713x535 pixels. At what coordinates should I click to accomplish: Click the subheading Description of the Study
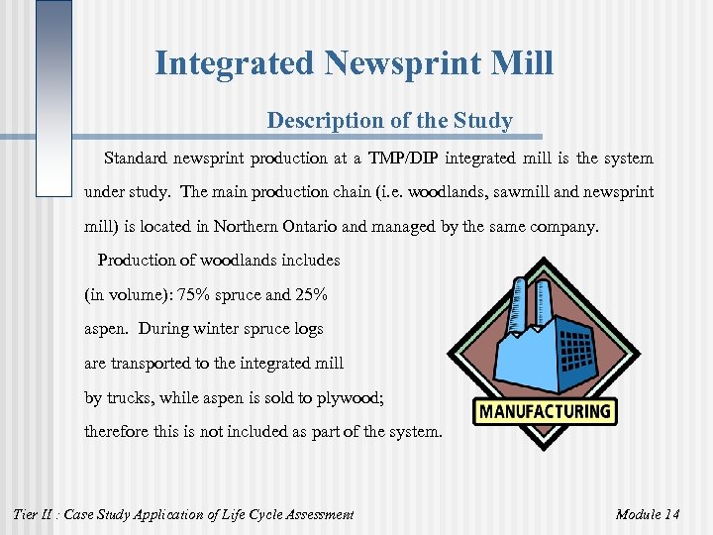pos(389,122)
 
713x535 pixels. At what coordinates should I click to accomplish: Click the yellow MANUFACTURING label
pos(545,411)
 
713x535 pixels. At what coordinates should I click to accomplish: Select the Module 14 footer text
pos(647,514)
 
